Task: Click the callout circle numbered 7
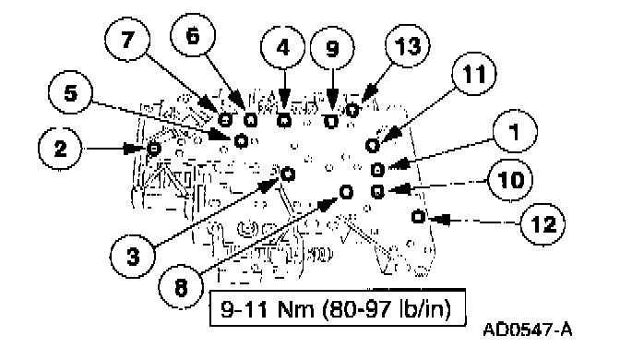[127, 40]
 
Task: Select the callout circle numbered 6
[193, 36]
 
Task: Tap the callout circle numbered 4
[282, 47]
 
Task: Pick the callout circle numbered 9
[332, 48]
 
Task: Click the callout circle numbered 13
[408, 46]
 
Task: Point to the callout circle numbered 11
[473, 74]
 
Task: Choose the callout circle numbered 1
[515, 131]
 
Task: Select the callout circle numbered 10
[510, 180]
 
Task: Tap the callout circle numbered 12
[542, 224]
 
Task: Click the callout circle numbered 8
[181, 286]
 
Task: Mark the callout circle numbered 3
[133, 256]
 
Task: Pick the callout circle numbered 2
[61, 149]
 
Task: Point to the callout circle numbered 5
[70, 92]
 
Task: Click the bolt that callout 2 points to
[153, 149]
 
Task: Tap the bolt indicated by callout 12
[418, 216]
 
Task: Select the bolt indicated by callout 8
[346, 192]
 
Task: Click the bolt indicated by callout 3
[288, 173]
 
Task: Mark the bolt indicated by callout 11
[372, 145]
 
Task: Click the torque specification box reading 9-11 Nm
[338, 308]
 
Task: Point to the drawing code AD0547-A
[528, 330]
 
